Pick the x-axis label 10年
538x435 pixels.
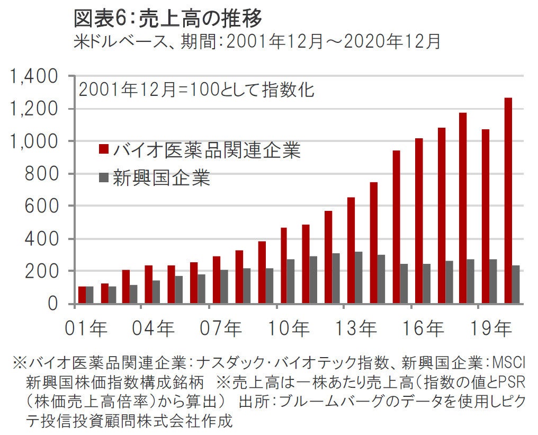288,329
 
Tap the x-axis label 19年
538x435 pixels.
490,329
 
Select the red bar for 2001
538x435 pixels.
82,295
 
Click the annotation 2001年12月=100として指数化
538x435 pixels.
196,90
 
